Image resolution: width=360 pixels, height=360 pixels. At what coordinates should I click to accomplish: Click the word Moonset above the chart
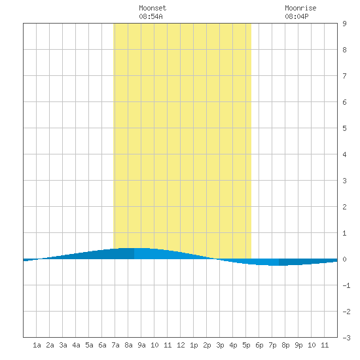(153, 8)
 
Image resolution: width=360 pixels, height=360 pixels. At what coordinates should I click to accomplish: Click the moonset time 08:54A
(151, 16)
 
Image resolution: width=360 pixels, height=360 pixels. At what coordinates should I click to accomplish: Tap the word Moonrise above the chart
(300, 8)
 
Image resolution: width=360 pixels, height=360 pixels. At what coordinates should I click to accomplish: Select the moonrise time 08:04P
(297, 16)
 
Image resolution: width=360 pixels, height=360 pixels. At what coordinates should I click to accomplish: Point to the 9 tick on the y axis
(344, 24)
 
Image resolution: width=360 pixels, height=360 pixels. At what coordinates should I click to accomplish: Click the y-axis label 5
(344, 128)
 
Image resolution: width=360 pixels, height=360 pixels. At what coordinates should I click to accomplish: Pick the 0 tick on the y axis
(344, 259)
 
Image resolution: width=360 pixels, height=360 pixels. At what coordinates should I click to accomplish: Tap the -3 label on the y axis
(346, 338)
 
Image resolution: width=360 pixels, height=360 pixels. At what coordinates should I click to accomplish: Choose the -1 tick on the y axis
(346, 285)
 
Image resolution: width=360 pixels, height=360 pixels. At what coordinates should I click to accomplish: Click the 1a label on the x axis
(37, 345)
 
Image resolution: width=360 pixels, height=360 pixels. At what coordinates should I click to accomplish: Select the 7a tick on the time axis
(115, 345)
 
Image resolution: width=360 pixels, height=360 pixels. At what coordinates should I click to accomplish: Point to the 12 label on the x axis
(181, 345)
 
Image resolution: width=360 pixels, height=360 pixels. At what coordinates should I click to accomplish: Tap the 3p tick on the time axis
(220, 345)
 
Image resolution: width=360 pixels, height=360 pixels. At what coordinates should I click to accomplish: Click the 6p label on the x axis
(259, 345)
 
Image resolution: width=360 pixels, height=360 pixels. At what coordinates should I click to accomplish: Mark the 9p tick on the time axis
(298, 345)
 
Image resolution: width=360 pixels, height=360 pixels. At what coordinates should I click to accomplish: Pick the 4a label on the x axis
(76, 345)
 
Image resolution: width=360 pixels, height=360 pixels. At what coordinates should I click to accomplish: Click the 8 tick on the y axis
(344, 50)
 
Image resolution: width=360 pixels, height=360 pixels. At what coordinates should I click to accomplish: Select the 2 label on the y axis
(344, 207)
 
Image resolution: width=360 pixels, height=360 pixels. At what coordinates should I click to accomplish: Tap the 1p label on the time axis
(194, 345)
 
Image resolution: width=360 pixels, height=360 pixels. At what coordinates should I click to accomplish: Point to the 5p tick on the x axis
(246, 345)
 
